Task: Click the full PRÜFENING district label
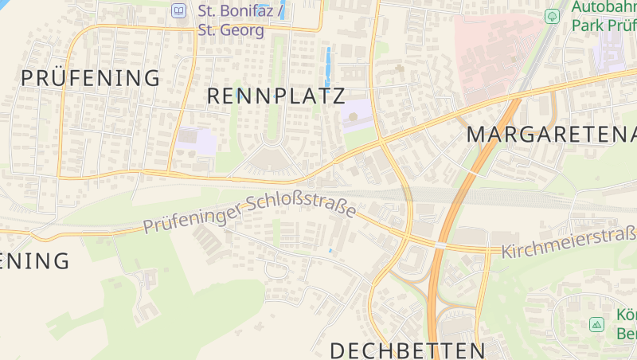point(91,78)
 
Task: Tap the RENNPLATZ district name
point(276,96)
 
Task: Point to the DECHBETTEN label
point(407,350)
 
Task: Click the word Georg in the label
point(242,30)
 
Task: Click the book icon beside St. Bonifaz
point(178,11)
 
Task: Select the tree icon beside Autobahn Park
point(551,16)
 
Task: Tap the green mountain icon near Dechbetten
point(596,324)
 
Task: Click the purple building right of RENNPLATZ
point(355,115)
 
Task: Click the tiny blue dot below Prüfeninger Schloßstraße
point(330,251)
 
